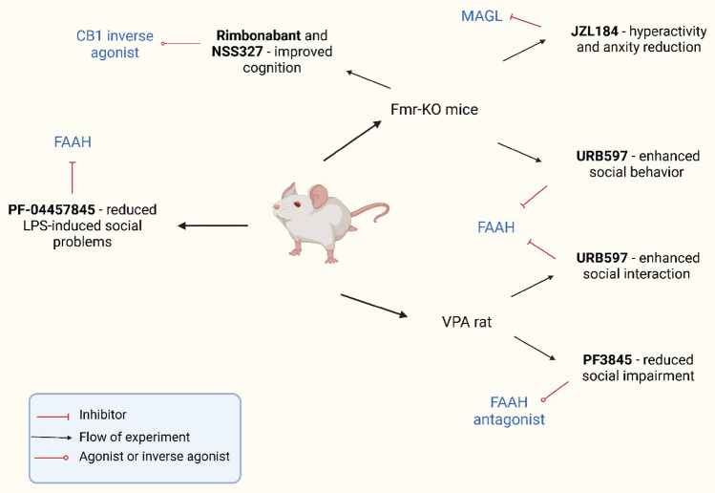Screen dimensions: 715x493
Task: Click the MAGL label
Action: tap(481, 16)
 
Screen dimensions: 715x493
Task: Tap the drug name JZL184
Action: tap(595, 31)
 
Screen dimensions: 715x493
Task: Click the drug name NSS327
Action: tap(237, 52)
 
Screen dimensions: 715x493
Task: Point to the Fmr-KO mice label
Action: tap(434, 110)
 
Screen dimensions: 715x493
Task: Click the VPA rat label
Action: tap(467, 322)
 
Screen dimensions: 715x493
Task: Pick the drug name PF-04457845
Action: tap(52, 209)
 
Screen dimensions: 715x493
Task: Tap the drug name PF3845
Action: tap(607, 359)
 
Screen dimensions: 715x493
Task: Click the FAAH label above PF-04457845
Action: tap(73, 142)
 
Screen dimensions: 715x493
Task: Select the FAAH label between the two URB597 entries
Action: tap(496, 226)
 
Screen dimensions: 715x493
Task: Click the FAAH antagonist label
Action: tap(509, 411)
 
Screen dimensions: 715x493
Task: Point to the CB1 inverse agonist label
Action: tap(115, 44)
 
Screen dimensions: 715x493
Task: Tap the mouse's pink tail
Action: tap(371, 209)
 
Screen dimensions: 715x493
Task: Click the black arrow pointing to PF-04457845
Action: tap(213, 225)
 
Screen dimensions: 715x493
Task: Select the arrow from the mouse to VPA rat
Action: tap(374, 306)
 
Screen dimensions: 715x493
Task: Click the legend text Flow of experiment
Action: tap(135, 437)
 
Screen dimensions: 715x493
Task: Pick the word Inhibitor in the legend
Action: tap(102, 415)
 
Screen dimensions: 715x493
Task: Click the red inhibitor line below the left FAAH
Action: tap(72, 178)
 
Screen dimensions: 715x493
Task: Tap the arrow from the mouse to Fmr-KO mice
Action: tap(352, 141)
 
